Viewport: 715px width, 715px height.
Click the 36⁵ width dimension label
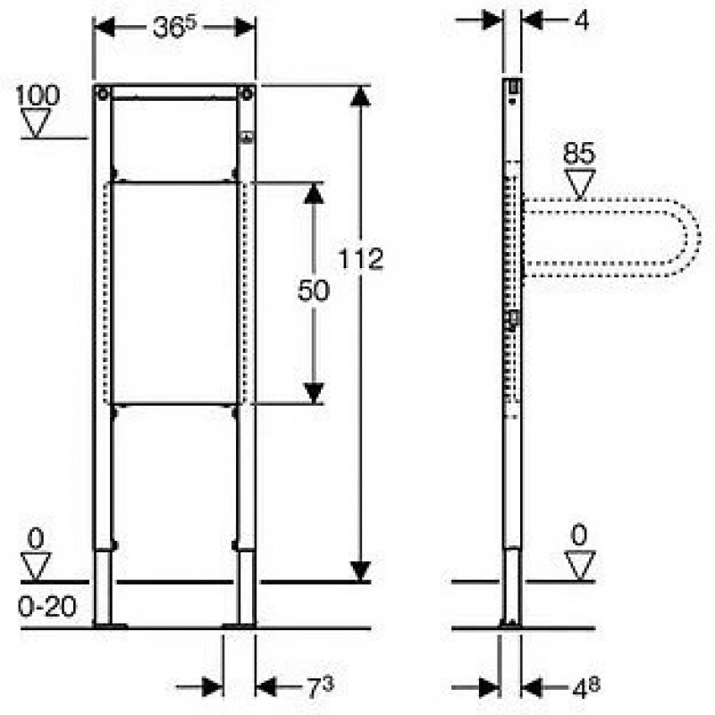click(174, 29)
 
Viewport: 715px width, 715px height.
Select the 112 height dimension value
click(361, 259)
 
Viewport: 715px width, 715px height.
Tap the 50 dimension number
click(314, 290)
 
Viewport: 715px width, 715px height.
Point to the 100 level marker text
click(38, 96)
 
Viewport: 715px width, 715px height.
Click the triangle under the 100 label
click(36, 122)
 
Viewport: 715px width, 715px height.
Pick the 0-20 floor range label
click(47, 607)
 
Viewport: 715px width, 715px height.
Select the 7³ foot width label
click(320, 687)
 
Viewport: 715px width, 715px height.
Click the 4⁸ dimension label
click(586, 688)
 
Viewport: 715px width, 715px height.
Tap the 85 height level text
click(579, 153)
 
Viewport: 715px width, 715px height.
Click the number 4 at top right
click(581, 21)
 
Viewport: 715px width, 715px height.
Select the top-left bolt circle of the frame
click(103, 95)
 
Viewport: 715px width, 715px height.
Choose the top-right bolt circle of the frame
click(247, 95)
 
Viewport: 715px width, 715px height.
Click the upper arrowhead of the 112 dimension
click(360, 97)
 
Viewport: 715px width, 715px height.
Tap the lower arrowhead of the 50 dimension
click(314, 394)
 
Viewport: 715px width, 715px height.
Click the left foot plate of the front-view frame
click(110, 626)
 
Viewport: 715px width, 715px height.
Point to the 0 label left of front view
click(36, 540)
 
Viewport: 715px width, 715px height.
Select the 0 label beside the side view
click(579, 534)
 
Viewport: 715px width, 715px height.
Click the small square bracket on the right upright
click(248, 138)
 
